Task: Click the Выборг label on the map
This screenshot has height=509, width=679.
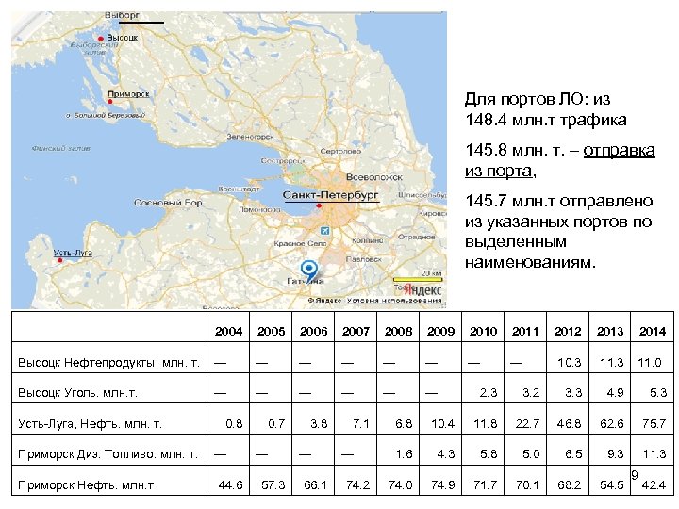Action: click(123, 16)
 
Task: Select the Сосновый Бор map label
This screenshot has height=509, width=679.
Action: click(169, 203)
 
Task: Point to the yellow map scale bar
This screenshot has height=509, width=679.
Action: click(417, 279)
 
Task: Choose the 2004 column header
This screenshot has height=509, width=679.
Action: click(228, 331)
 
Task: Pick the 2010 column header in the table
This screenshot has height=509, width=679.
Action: click(483, 331)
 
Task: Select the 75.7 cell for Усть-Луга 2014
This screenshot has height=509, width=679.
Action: click(652, 424)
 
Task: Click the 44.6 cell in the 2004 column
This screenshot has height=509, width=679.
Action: click(230, 485)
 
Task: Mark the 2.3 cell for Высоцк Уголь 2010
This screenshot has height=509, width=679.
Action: click(488, 393)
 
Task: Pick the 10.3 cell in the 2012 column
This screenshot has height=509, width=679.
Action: click(569, 363)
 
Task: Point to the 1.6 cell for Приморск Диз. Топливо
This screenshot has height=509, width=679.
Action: click(404, 454)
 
